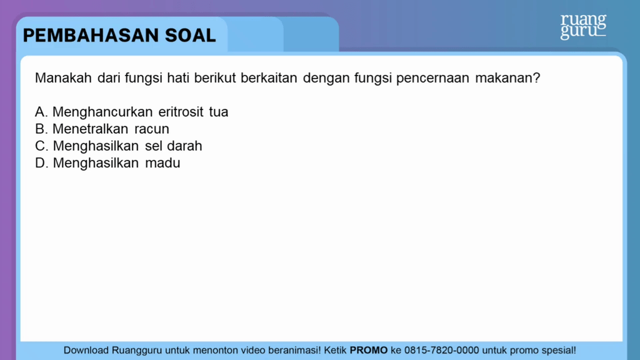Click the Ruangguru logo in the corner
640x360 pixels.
coord(582,26)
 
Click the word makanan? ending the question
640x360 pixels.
coord(507,79)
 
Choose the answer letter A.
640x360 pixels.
coord(41,112)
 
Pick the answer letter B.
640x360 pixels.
coord(41,129)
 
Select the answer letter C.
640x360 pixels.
coord(41,146)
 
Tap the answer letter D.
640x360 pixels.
coord(41,163)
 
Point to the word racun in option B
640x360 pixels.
coord(152,129)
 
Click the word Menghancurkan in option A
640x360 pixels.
coord(102,112)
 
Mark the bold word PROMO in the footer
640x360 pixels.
coord(369,351)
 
